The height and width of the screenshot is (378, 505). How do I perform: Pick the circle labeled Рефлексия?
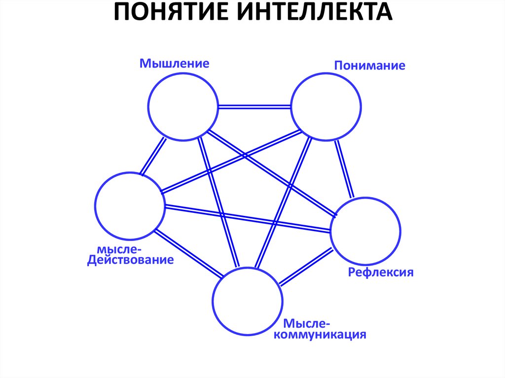pyautogui.click(x=365, y=232)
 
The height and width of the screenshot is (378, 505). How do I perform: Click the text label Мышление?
pyautogui.click(x=174, y=64)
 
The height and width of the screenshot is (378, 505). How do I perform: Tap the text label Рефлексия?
pyautogui.click(x=381, y=273)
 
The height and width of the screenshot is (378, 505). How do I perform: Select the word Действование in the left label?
pyautogui.click(x=131, y=260)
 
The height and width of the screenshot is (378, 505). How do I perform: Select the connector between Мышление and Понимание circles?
pyautogui.click(x=254, y=106)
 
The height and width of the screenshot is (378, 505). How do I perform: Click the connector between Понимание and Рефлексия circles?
pyautogui.click(x=344, y=169)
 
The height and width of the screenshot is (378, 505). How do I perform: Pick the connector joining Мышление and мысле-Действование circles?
pyautogui.click(x=153, y=156)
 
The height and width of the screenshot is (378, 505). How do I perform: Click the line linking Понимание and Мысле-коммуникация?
pyautogui.click(x=282, y=203)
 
